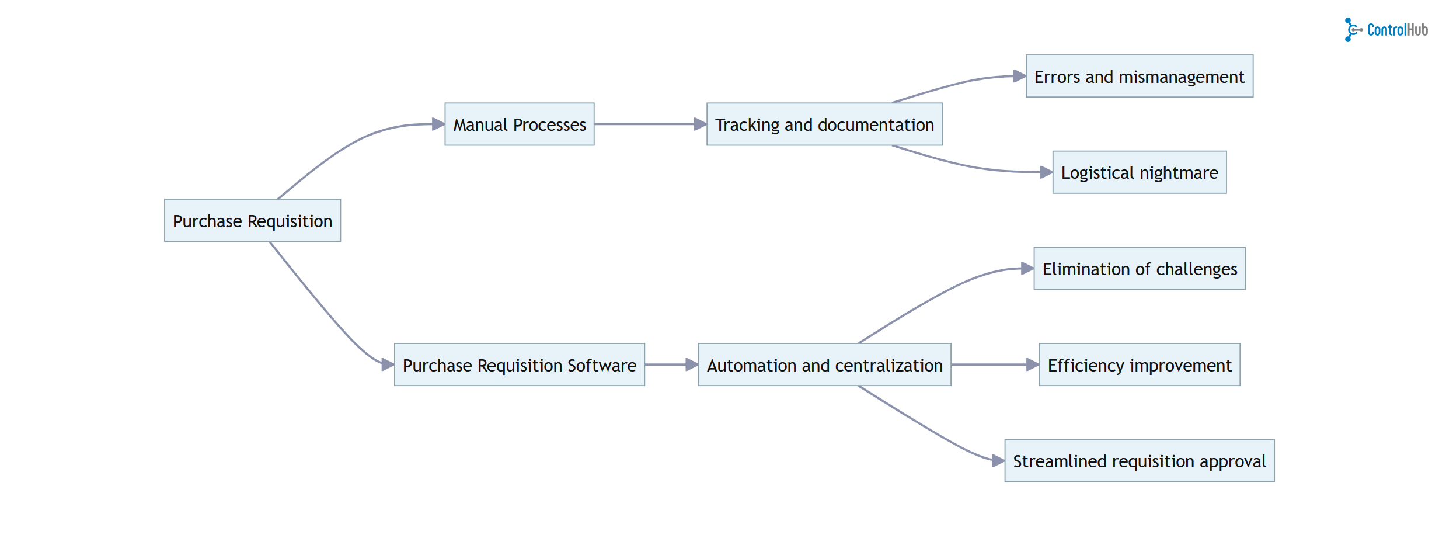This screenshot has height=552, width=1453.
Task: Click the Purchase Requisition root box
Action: click(x=252, y=220)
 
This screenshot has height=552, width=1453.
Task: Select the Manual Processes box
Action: click(x=519, y=124)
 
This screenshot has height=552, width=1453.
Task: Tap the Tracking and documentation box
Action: click(x=824, y=124)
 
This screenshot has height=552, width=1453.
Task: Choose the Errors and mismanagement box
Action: click(x=1139, y=77)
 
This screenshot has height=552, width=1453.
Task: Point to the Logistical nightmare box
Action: click(x=1139, y=172)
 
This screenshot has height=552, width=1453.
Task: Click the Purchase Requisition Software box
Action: click(x=519, y=364)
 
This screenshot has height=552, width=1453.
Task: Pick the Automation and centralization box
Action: click(x=824, y=364)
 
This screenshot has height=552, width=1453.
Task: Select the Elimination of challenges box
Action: click(x=1139, y=269)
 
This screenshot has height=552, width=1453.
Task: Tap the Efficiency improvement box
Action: click(x=1139, y=364)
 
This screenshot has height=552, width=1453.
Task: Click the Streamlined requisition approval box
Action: click(x=1139, y=461)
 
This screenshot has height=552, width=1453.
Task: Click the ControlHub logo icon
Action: click(x=1353, y=30)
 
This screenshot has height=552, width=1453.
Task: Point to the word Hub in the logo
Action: click(x=1415, y=30)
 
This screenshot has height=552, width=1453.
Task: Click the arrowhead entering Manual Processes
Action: click(x=438, y=124)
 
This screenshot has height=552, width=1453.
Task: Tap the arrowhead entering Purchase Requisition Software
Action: click(x=388, y=364)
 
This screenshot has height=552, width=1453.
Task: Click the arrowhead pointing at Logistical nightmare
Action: click(x=1046, y=172)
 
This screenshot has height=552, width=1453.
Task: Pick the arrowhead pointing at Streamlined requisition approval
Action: click(x=998, y=461)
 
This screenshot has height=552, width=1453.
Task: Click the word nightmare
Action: click(x=1179, y=173)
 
